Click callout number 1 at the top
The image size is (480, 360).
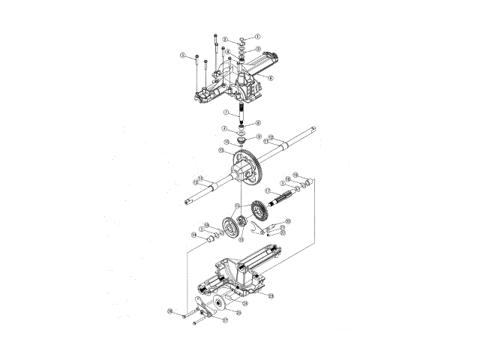tap(257, 36)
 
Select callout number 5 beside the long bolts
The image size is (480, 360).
tap(182, 55)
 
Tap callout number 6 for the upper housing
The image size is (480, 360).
tap(270, 78)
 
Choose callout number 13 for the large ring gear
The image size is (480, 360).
tap(221, 151)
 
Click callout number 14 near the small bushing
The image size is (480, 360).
tap(193, 235)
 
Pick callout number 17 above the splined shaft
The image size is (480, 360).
tap(268, 191)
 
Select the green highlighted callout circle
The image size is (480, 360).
tap(170, 310)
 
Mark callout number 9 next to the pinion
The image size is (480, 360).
tap(259, 136)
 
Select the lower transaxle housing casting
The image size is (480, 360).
tap(240, 274)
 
